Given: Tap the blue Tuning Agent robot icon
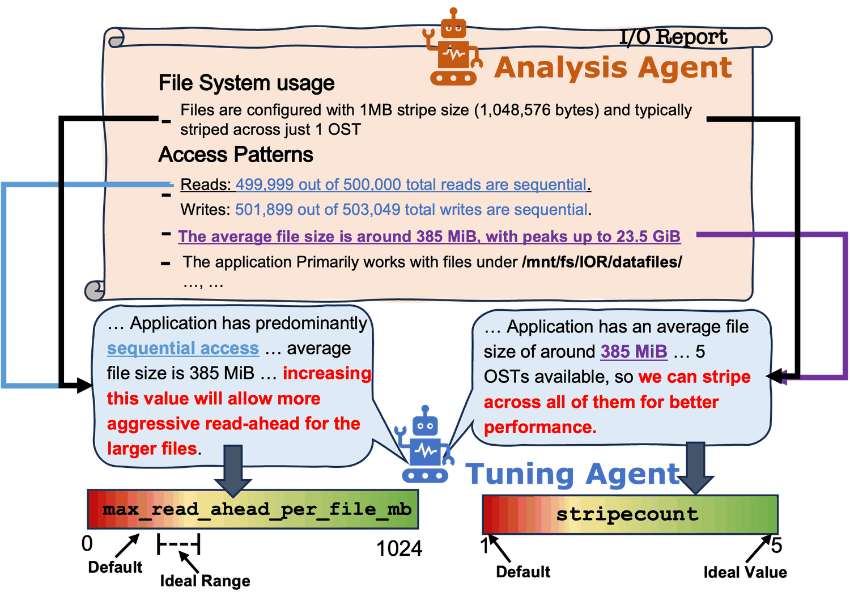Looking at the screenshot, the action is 424,444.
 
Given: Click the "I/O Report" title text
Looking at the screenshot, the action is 673,37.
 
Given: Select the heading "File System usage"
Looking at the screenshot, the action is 246,83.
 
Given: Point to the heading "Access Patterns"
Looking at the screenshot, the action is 236,154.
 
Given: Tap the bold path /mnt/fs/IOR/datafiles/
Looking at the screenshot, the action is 602,262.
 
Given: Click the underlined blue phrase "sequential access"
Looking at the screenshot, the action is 183,348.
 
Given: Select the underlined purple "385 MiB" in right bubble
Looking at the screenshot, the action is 634,352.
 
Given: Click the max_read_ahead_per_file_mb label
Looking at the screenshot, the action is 257,509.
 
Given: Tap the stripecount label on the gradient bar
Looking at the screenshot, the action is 627,514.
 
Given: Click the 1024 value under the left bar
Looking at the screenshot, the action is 399,549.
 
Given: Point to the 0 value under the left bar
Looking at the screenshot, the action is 87,543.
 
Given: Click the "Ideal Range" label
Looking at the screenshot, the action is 205,581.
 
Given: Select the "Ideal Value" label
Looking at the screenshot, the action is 745,572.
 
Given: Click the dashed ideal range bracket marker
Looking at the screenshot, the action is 178,545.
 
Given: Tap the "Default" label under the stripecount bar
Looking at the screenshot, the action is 523,572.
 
